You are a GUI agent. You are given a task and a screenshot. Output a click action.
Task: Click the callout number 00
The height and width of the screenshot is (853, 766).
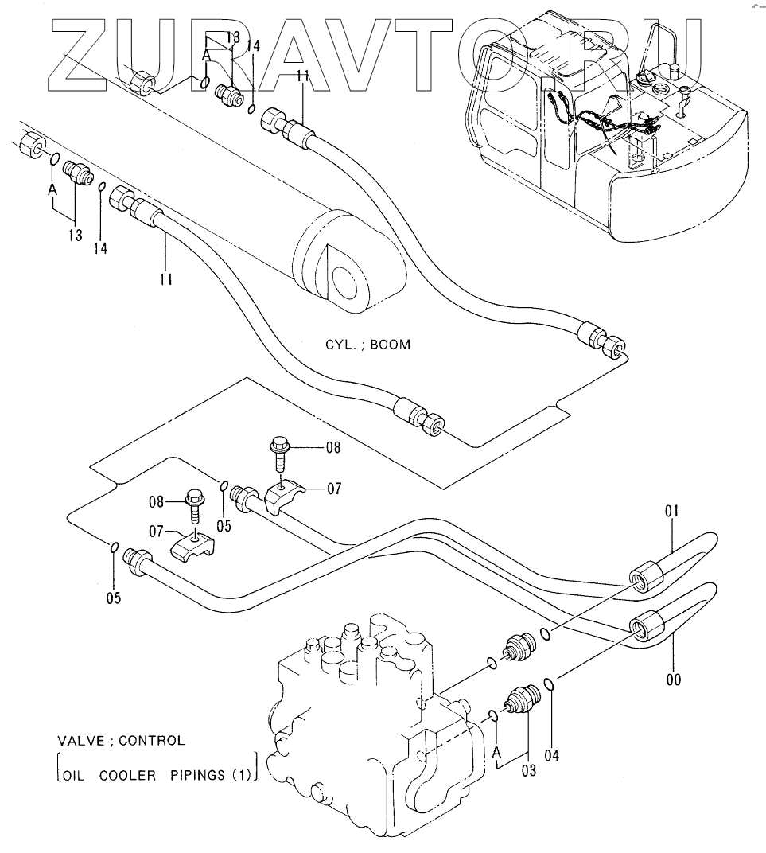click(x=674, y=680)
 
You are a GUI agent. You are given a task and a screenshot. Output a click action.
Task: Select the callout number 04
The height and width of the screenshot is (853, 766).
click(x=552, y=755)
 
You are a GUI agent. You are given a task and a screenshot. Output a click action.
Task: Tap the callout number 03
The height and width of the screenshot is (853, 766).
click(x=528, y=769)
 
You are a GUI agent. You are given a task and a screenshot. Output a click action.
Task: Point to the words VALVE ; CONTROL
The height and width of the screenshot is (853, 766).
click(x=121, y=741)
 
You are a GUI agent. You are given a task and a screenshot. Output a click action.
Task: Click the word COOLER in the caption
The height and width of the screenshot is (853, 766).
click(x=127, y=776)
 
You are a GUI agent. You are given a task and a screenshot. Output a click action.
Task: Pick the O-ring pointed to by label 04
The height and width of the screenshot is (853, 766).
click(x=550, y=683)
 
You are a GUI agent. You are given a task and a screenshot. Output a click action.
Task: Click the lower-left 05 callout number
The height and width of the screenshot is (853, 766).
click(x=114, y=598)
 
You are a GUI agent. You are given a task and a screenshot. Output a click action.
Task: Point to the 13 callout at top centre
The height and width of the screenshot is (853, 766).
click(x=232, y=37)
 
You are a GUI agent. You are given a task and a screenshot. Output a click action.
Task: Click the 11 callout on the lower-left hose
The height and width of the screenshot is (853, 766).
click(x=166, y=279)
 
